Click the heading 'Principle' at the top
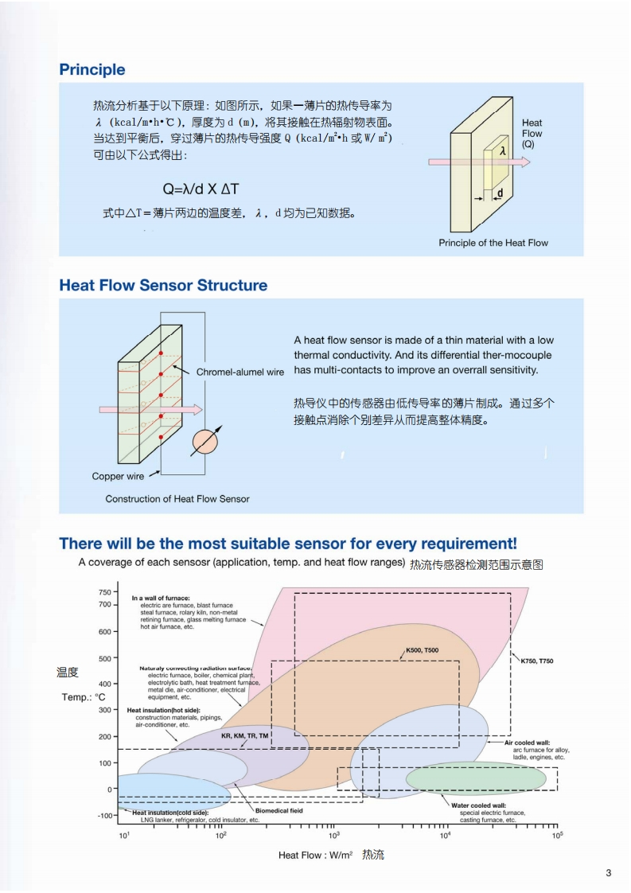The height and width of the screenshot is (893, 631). (92, 70)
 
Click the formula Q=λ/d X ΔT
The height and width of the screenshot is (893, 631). (201, 189)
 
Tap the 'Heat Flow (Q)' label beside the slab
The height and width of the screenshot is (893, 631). (532, 134)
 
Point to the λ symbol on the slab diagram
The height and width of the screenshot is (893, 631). (503, 150)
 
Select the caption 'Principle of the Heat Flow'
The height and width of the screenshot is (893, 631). (493, 243)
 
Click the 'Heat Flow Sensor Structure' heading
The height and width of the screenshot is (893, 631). (163, 286)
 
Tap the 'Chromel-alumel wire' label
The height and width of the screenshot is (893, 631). (240, 372)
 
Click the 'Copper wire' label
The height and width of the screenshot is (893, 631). (119, 477)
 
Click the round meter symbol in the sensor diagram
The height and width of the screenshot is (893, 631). (205, 441)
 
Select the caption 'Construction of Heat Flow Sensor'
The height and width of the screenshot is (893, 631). (177, 499)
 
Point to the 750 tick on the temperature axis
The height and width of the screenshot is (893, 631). (105, 592)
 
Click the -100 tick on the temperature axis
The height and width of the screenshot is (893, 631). (105, 816)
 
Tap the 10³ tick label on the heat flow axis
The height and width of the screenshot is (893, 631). (334, 836)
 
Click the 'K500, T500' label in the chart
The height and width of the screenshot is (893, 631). (422, 651)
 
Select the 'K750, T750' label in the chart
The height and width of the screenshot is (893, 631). (537, 661)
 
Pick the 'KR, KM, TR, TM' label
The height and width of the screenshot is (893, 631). (245, 736)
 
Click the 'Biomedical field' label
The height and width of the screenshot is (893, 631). (278, 811)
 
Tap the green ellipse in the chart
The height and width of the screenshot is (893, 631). (476, 778)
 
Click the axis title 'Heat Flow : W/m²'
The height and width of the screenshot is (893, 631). (315, 856)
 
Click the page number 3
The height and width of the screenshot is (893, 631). (609, 873)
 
